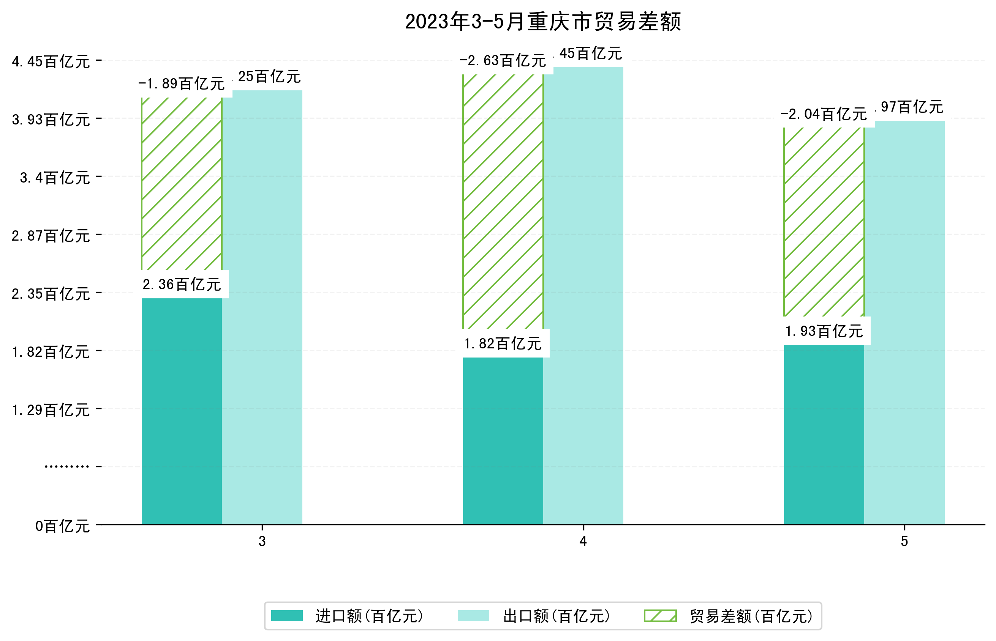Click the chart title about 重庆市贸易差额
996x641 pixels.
543,22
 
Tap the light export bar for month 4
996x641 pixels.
583,296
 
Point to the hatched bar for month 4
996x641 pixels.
503,202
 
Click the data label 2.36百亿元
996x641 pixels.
182,285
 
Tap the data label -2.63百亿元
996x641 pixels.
503,61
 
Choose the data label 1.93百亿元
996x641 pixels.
824,331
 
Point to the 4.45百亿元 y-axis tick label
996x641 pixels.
51,61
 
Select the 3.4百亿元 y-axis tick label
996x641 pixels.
55,178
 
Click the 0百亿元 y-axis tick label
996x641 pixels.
62,526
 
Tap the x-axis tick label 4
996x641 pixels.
583,541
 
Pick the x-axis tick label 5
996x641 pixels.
904,541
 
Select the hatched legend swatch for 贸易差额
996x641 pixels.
660,616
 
